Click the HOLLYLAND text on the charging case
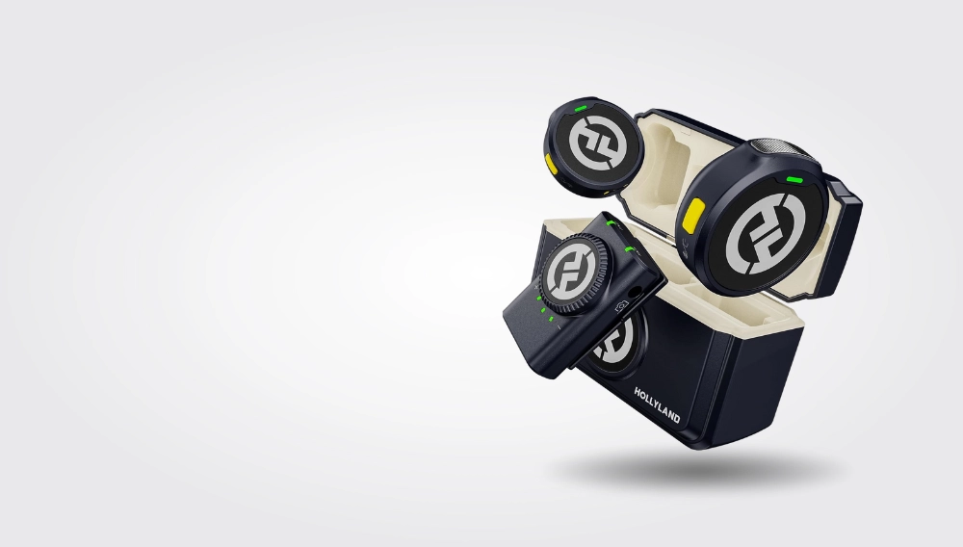(x=657, y=405)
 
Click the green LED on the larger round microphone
(x=795, y=180)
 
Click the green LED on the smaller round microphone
(x=581, y=110)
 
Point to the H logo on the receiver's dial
(x=569, y=274)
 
